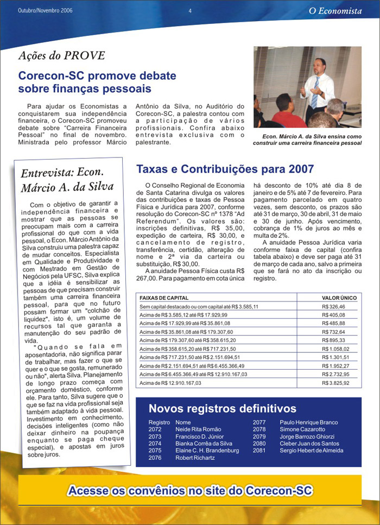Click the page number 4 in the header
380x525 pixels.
tap(190, 10)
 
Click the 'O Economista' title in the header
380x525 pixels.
tap(335, 10)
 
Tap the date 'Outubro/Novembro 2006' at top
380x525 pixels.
tap(45, 10)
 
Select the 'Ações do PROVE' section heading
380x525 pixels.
tap(61, 55)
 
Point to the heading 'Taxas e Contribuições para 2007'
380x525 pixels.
tap(225, 169)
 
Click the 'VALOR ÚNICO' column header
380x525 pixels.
tap(339, 298)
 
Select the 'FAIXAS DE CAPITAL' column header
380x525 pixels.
tap(164, 298)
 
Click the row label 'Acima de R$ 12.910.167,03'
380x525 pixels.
tap(170, 383)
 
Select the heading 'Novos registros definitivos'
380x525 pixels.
tap(223, 409)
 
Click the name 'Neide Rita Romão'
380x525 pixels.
tap(198, 429)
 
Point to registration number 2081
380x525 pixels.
tap(259, 451)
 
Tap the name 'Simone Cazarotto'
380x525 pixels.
tap(302, 429)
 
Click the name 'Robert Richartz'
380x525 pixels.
tap(195, 458)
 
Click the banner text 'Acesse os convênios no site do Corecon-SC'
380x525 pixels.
tap(190, 491)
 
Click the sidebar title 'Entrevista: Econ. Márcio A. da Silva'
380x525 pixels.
tap(67, 180)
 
